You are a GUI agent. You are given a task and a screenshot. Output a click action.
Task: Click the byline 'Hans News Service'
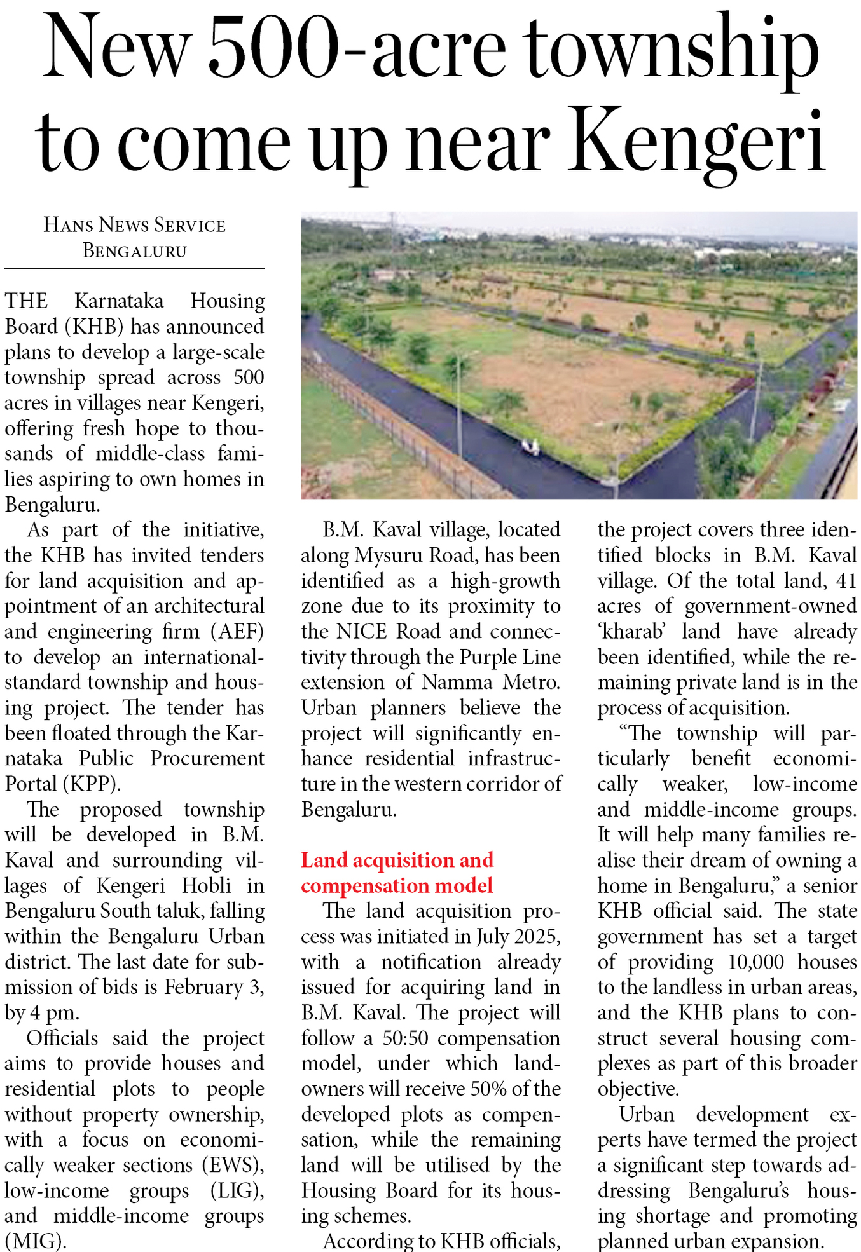pos(134,225)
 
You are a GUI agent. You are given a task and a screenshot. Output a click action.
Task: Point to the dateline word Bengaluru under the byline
pos(134,251)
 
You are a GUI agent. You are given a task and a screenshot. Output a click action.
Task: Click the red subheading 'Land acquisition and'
pos(397,860)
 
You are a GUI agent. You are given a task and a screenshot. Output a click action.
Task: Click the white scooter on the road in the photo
pos(529,447)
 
